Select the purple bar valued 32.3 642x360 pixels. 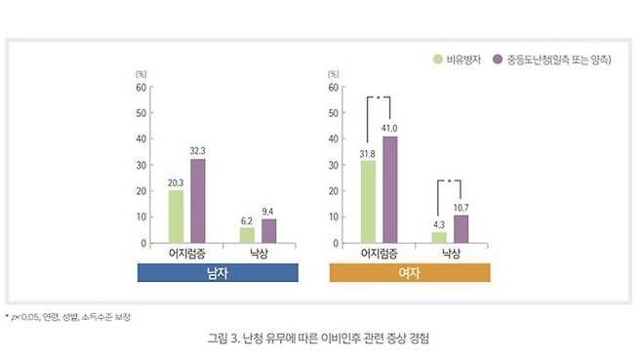(x=198, y=201)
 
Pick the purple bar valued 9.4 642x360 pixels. (x=266, y=231)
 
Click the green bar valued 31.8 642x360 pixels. (x=369, y=202)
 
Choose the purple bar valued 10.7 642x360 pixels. (x=460, y=229)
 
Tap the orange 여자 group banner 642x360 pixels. (x=410, y=274)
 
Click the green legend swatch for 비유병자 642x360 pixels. (x=437, y=60)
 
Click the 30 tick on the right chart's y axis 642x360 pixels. (x=335, y=165)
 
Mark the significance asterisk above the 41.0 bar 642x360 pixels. (x=380, y=99)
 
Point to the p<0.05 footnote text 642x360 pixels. (x=68, y=317)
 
